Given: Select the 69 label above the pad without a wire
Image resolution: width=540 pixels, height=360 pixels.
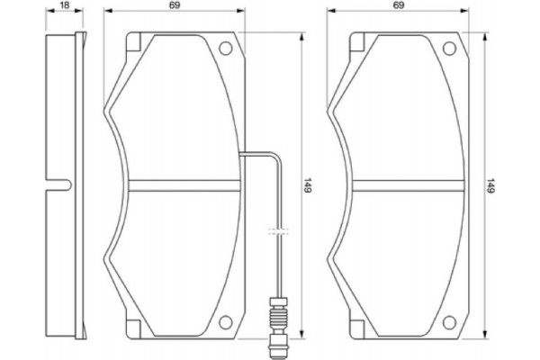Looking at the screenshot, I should pos(398,6).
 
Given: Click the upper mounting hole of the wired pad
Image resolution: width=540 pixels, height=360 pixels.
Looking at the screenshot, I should pos(226,49).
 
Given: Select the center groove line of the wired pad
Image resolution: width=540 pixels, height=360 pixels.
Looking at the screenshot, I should pos(184,185).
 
